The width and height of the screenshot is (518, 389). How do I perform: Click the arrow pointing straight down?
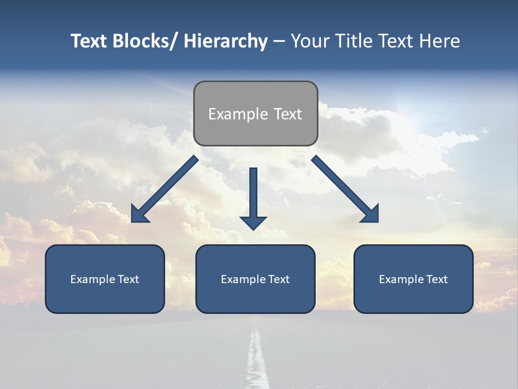tap(253, 194)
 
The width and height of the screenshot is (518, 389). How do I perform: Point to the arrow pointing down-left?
tap(167, 187)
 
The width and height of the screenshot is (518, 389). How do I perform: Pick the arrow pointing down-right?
tap(342, 186)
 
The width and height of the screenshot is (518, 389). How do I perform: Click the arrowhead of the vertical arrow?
tap(253, 222)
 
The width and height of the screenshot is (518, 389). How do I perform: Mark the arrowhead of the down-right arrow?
tap(371, 214)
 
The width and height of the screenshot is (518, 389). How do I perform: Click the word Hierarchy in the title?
tap(226, 41)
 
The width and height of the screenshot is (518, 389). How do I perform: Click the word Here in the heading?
tap(440, 41)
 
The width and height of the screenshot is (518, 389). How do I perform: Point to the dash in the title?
tap(279, 42)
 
